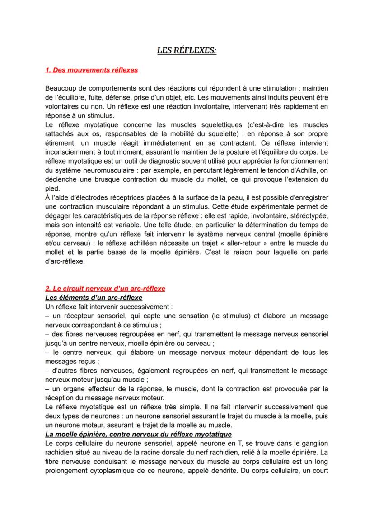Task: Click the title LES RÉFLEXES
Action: point(187,51)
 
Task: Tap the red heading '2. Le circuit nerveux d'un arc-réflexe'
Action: point(105,288)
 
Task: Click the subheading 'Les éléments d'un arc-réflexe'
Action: point(94,298)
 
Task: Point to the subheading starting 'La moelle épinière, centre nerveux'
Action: point(138,434)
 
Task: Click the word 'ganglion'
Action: point(313,444)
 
